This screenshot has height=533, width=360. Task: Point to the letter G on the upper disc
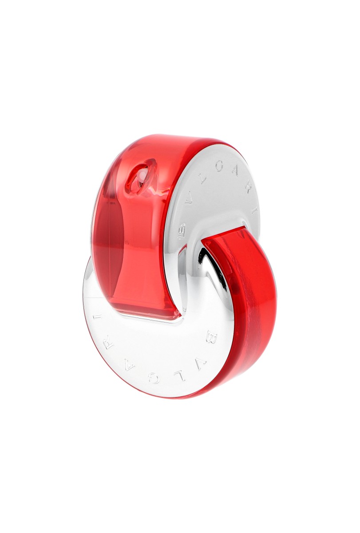pyautogui.click(x=218, y=168)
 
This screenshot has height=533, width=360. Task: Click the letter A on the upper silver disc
pyautogui.click(x=235, y=172)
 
